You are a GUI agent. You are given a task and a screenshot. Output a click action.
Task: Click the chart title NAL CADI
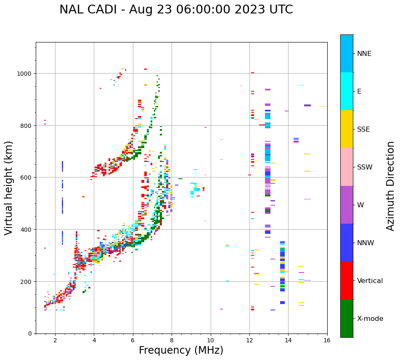pos(176,10)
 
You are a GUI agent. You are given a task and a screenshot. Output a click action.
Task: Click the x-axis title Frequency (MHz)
pos(181,350)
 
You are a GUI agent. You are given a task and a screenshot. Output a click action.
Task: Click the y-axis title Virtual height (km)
pos(9,188)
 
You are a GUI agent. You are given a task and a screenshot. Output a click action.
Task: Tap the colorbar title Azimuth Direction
pos(391,186)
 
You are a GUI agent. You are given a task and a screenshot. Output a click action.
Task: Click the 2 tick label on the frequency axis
pos(55,341)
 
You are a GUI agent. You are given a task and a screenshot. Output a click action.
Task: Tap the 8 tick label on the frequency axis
pos(172,341)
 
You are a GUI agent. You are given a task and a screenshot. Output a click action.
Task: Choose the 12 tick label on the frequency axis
pos(249,341)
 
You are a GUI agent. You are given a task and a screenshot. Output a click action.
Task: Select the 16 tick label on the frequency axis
pos(327,341)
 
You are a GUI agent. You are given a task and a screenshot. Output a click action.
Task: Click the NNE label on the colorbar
pos(364,54)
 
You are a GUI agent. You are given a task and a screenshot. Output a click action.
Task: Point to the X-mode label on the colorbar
pos(370,319)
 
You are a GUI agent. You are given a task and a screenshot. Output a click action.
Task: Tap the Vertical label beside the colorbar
pos(370,281)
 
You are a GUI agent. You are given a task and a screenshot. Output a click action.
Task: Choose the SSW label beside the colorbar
pos(365,167)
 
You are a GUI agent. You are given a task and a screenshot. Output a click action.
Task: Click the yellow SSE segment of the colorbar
pos(347,129)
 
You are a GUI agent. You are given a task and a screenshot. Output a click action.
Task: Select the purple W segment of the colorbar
pos(347,205)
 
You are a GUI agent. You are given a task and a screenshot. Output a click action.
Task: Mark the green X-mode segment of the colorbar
pos(347,318)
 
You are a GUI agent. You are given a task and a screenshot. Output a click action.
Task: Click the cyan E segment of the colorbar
pos(347,91)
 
